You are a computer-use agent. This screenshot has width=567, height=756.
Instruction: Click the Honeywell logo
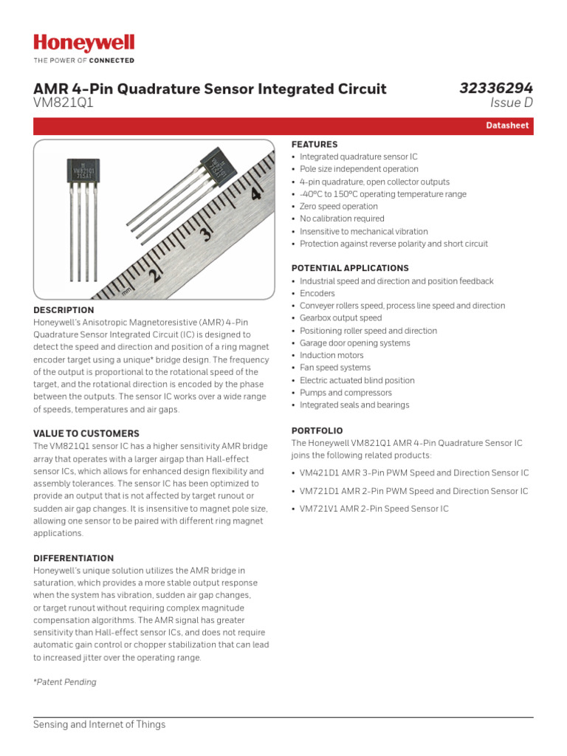(x=83, y=44)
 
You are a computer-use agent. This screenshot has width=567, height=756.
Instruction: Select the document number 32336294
(x=495, y=89)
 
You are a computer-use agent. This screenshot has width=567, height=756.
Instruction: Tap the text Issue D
(x=506, y=104)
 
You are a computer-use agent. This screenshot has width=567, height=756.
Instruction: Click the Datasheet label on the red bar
(x=507, y=126)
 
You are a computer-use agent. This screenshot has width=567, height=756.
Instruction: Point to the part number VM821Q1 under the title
(x=63, y=104)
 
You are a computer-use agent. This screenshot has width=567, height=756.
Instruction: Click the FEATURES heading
(x=315, y=145)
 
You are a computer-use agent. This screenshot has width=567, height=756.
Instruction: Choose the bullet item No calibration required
(x=342, y=219)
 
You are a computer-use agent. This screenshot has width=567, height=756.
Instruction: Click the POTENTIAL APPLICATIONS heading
(x=350, y=268)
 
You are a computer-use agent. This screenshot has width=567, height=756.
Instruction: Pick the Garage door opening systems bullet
(x=354, y=343)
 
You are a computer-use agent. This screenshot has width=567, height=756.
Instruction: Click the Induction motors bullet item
(x=331, y=355)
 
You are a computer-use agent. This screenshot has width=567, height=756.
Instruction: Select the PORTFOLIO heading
(x=317, y=430)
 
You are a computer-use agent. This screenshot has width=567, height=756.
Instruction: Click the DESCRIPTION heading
(x=63, y=310)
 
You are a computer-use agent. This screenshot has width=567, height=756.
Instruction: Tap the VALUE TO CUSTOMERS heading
(x=86, y=433)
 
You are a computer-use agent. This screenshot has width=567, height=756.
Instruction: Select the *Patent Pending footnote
(x=65, y=682)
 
